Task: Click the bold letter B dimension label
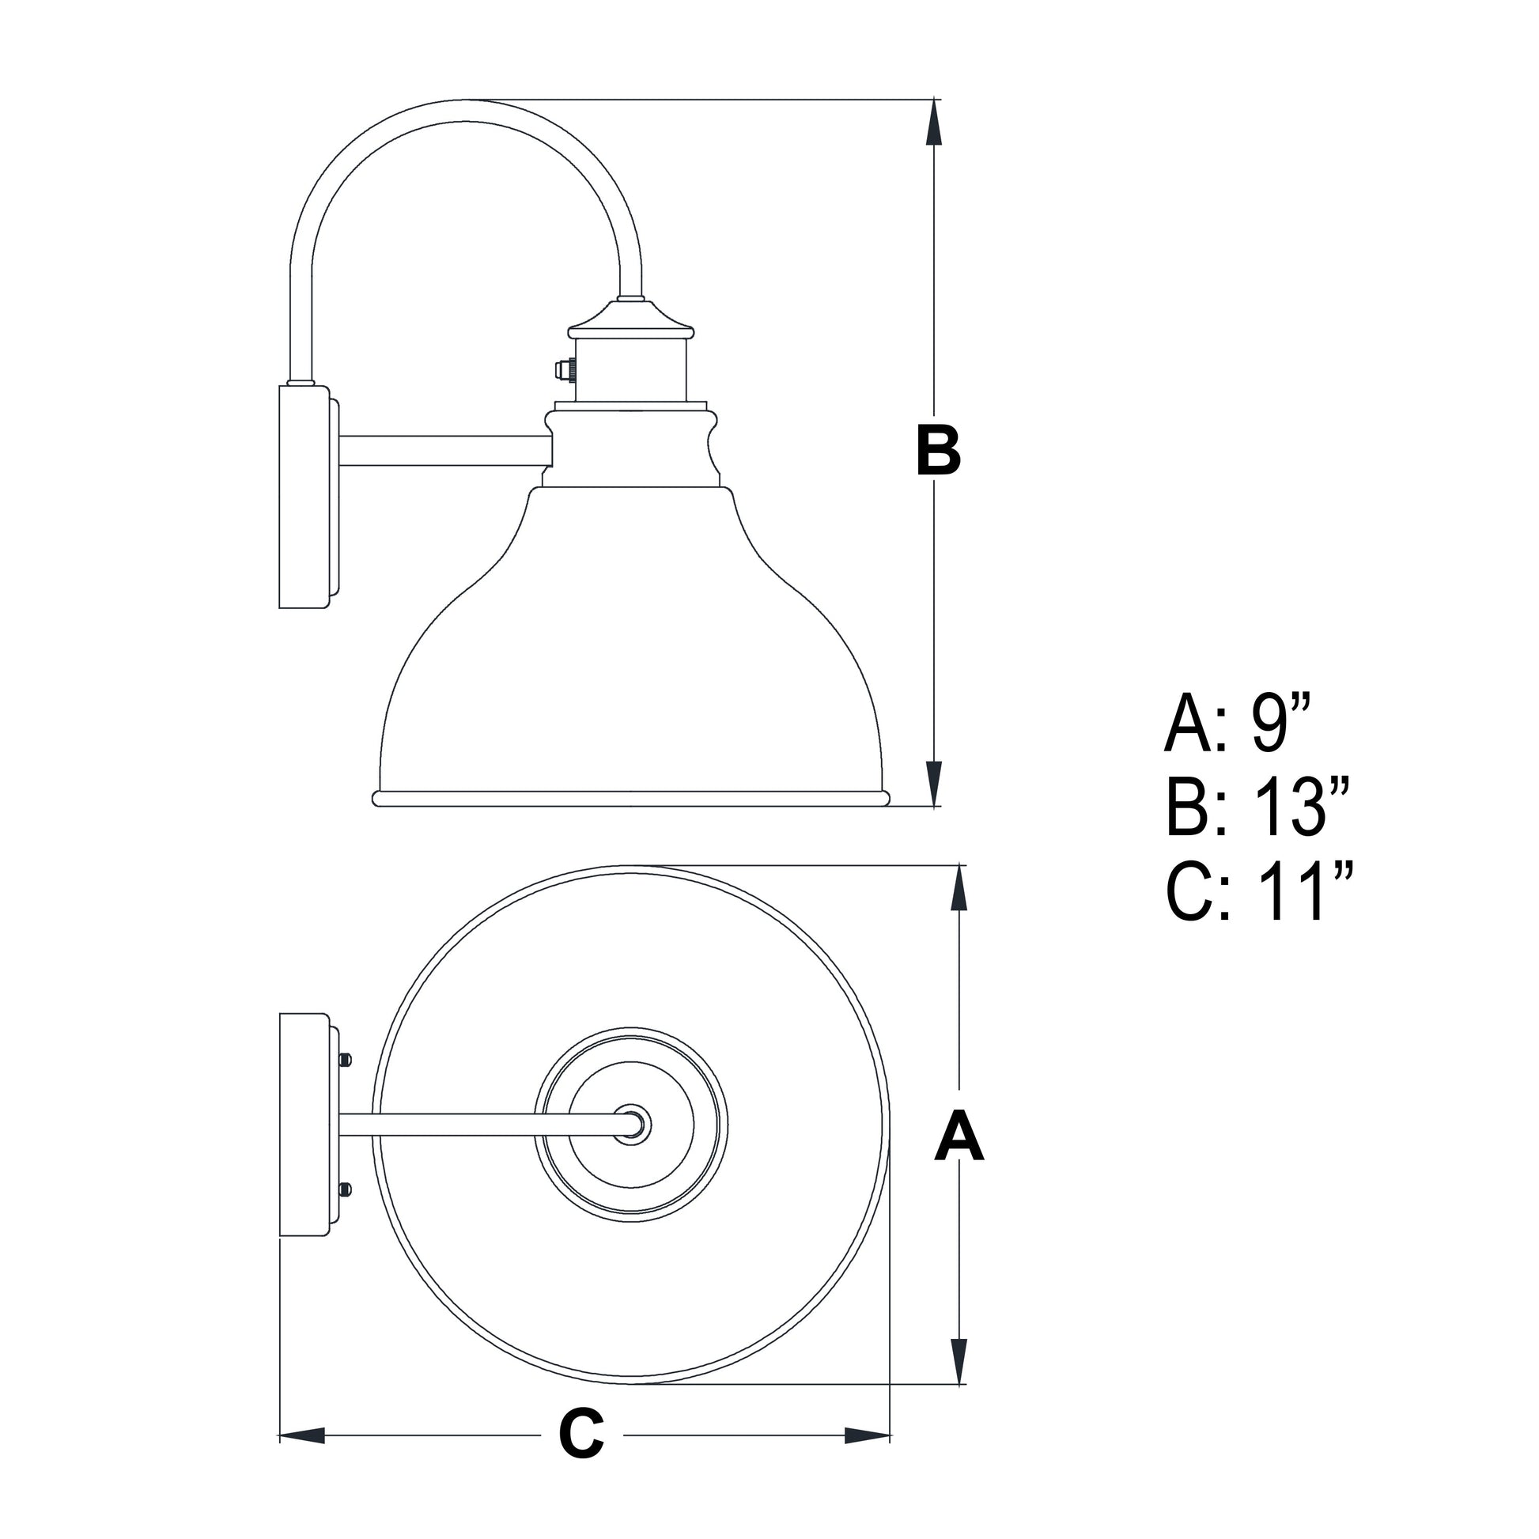click(939, 451)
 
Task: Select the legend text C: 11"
click(1258, 892)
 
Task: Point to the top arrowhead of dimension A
click(959, 887)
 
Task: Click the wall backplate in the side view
click(304, 497)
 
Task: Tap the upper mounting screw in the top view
click(345, 1060)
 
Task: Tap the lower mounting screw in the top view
click(345, 1190)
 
